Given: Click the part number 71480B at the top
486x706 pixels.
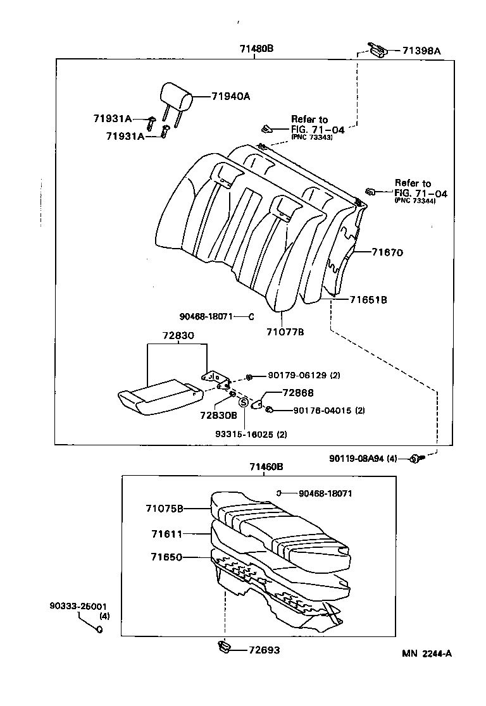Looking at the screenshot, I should [256, 49].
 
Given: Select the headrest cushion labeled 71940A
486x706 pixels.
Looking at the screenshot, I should [175, 94].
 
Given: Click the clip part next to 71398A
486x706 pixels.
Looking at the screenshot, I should [377, 48].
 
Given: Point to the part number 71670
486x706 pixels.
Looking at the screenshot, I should [387, 252].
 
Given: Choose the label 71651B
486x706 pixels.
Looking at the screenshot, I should [368, 299].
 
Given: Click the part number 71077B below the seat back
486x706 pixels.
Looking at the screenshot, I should [285, 331].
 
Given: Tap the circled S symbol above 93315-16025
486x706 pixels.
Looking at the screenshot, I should [243, 402].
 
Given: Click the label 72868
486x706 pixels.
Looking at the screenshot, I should [299, 393].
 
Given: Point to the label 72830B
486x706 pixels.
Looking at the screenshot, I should [218, 415].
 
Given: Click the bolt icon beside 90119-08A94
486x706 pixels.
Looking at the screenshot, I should [417, 457].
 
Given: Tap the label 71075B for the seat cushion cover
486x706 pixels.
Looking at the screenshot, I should [164, 508].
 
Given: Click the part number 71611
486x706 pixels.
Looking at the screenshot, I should [166, 534].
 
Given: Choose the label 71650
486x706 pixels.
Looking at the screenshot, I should [166, 557].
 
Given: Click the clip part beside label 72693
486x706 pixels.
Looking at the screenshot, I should [224, 646].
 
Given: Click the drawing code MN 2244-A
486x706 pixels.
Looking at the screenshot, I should [427, 653].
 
